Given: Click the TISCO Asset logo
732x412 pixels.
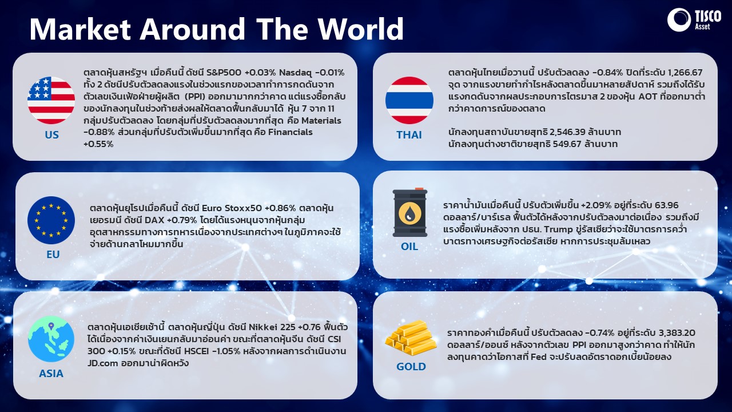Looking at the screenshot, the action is coord(694,20).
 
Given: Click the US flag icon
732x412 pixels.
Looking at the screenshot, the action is coord(51,100).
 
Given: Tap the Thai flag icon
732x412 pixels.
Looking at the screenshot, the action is coord(409,100).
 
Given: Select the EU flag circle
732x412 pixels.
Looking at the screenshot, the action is coord(51,220).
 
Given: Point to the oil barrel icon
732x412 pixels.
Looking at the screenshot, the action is coord(410,212).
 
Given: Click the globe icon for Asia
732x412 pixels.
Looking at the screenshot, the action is coord(51,339).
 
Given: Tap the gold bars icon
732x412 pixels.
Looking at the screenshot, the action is coord(411,338).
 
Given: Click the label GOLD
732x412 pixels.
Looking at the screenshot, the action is coord(411,367).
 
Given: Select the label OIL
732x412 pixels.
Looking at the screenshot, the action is coord(409,247).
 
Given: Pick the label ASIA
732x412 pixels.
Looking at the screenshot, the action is coord(51,374).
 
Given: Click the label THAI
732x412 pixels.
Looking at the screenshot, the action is coord(409,134).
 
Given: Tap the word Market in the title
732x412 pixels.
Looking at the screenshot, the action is coord(80,29).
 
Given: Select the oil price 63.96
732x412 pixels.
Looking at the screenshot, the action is coord(667,205).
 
